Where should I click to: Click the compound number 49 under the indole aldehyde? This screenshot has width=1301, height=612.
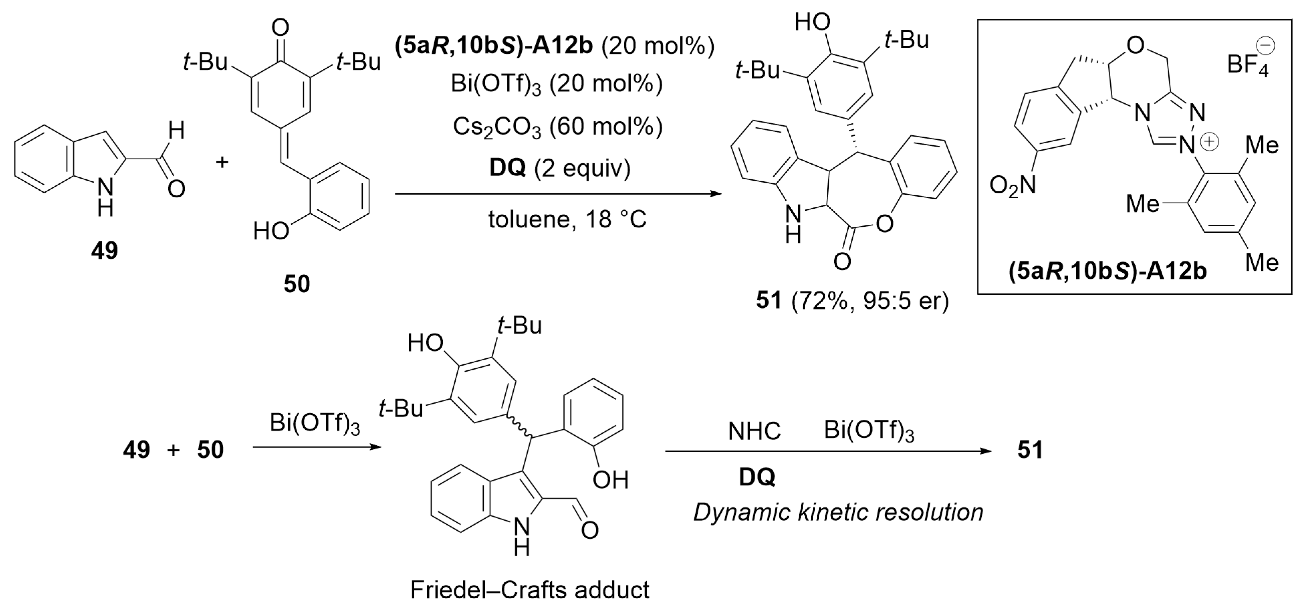pos(105,250)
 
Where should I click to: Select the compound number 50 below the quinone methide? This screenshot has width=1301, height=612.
pos(297,284)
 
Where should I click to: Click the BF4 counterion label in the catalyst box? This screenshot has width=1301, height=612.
pos(1248,66)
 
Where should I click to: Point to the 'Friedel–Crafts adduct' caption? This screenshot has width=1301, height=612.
pos(529,590)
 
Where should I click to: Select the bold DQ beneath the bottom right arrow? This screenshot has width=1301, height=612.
pos(757,477)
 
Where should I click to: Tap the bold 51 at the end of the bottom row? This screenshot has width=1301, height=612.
pos(1030,449)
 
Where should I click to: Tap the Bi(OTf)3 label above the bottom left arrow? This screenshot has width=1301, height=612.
pos(315,424)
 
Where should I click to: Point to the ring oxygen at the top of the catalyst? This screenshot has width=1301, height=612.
pos(1135,46)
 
